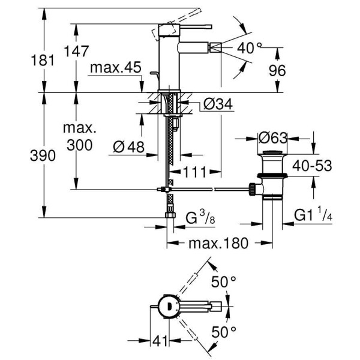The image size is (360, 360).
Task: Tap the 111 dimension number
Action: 196,172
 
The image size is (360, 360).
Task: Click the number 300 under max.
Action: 79,145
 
